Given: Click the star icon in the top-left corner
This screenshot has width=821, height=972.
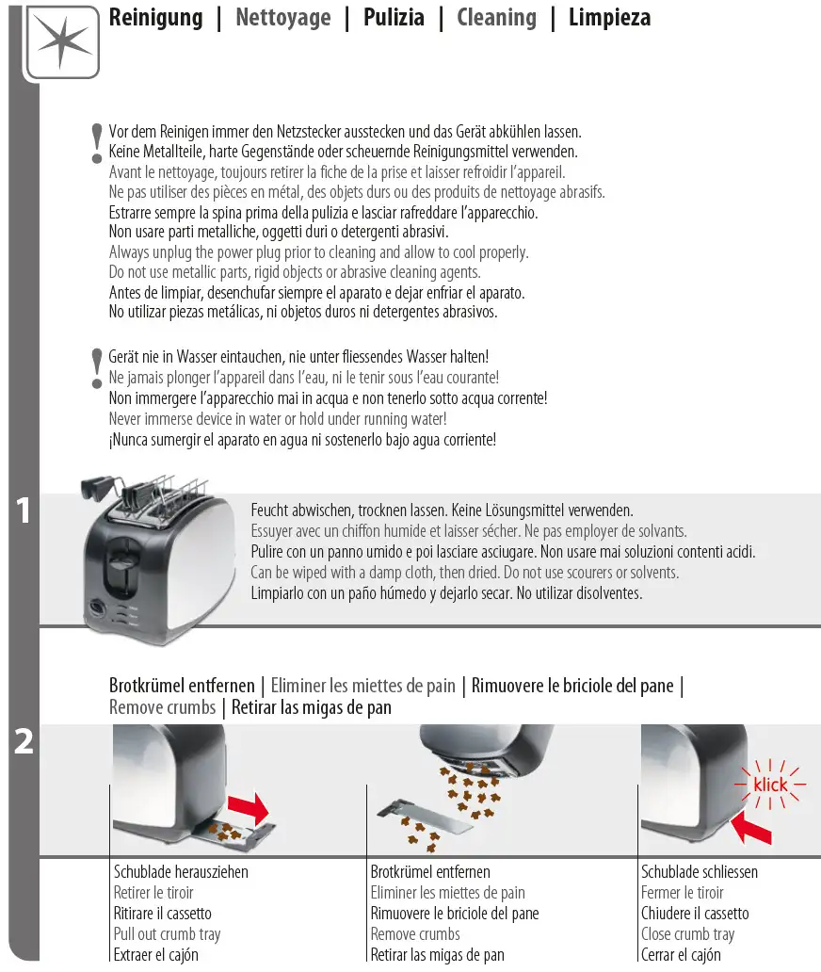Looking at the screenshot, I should click(63, 41).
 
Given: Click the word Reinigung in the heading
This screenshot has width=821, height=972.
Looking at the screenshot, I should click(155, 18).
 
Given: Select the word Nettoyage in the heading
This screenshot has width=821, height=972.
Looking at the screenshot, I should click(282, 18).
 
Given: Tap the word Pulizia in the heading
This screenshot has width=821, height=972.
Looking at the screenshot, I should click(394, 18).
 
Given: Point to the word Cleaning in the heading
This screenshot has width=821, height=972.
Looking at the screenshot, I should click(496, 18).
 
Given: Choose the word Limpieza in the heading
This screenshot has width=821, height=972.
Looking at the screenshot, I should click(609, 18).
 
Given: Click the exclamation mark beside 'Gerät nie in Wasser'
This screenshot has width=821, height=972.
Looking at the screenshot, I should click(96, 367).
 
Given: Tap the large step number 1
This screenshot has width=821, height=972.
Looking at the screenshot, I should click(24, 512).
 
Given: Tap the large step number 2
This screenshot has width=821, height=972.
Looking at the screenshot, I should click(24, 742).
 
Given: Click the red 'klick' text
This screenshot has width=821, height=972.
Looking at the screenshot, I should click(770, 784).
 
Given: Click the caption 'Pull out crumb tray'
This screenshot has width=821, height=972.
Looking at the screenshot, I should click(167, 934).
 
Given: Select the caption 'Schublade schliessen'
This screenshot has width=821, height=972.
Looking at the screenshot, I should click(699, 872).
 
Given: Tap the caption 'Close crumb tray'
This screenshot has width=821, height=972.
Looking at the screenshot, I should click(687, 934).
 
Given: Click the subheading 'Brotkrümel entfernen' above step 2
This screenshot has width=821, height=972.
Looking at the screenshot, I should click(182, 686).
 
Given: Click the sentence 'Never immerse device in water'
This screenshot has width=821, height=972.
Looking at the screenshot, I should click(278, 419).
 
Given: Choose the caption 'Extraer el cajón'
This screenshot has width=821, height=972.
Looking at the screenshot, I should click(155, 955).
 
